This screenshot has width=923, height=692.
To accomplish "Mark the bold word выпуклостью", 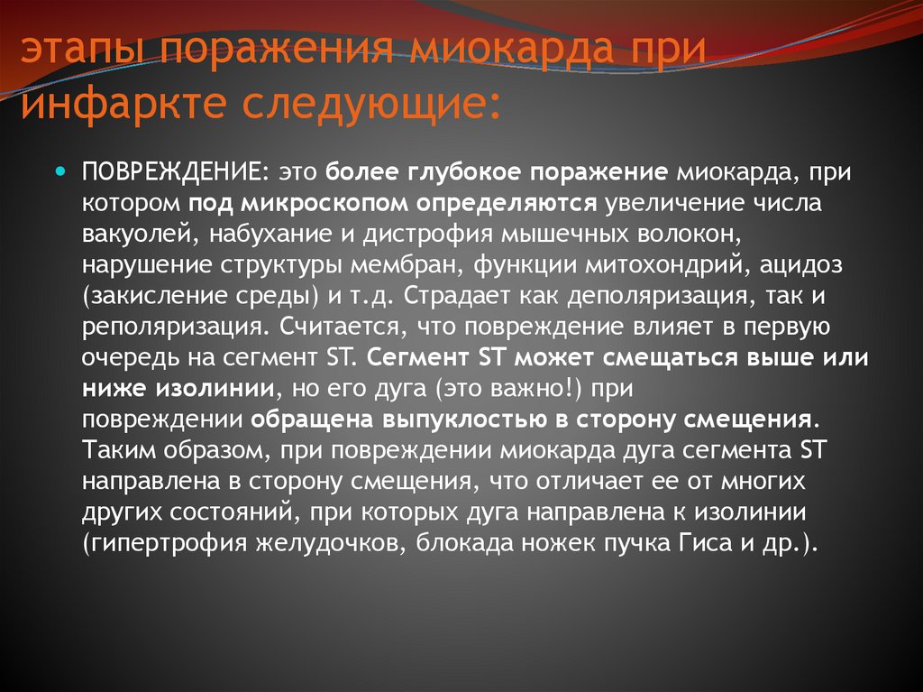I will point(460,420).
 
